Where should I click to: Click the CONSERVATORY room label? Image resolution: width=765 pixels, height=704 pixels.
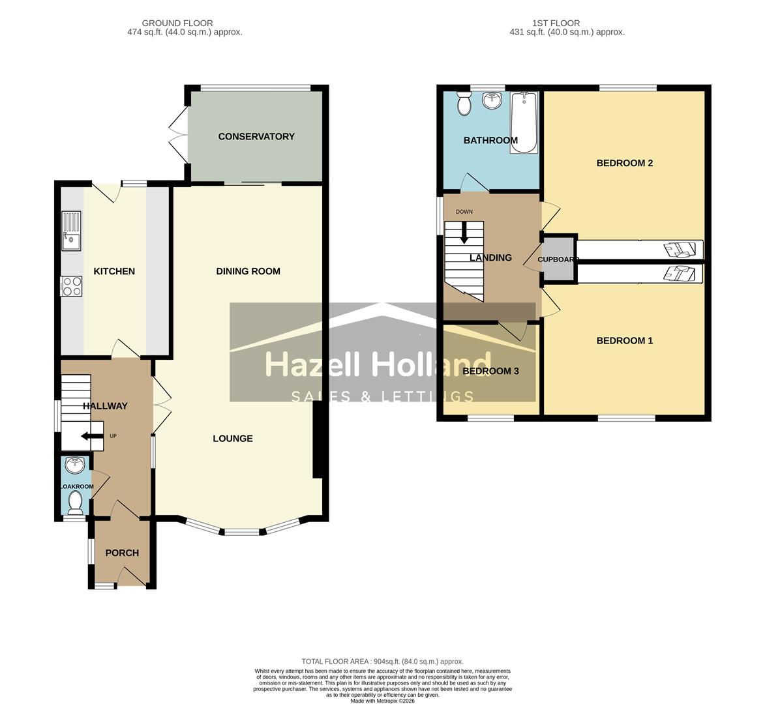[x=256, y=136]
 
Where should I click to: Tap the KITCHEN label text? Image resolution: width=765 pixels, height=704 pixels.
[x=114, y=271]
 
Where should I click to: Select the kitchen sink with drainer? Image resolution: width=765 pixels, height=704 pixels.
[x=71, y=231]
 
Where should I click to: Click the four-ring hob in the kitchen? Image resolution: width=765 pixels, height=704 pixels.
[x=71, y=286]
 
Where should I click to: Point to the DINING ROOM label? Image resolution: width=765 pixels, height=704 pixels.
[x=248, y=271]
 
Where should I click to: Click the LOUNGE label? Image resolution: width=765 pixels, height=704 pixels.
[x=233, y=439]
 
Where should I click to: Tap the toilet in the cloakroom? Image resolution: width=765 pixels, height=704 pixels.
[x=76, y=502]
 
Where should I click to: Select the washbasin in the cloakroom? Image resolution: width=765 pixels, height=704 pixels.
[x=76, y=465]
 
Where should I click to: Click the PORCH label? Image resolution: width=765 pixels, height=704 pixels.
[x=122, y=553]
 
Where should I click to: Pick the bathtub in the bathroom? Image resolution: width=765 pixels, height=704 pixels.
[x=524, y=123]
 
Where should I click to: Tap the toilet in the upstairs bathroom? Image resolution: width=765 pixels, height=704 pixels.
[x=464, y=103]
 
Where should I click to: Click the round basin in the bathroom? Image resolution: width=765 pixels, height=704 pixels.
[x=492, y=100]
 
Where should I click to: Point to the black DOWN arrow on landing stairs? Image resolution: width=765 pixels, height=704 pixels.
[x=464, y=232]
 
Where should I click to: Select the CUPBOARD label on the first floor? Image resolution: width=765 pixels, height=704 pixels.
[x=558, y=259]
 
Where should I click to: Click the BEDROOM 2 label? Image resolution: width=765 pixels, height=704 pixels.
[x=624, y=163]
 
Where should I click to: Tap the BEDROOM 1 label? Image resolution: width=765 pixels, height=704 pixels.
[x=624, y=340]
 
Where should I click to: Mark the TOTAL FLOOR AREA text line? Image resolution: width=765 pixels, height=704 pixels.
[x=382, y=661]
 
